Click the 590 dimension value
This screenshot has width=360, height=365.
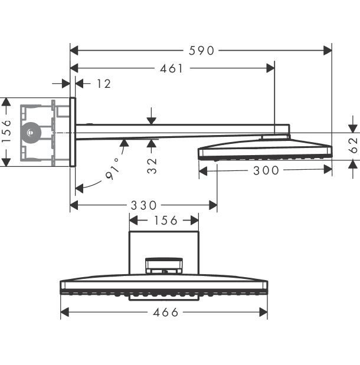pos(201,51)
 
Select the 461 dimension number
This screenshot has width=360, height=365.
pos(172,68)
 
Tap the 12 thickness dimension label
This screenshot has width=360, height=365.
pos(104,84)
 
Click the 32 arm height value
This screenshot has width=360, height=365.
pos(152,166)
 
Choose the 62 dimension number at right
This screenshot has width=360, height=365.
pos(354,146)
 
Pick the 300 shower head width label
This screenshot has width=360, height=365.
pos(266,170)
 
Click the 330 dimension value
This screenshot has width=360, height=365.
pos(143,206)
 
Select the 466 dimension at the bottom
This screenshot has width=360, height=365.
pos(165,313)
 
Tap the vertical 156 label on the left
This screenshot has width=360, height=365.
pos(6,131)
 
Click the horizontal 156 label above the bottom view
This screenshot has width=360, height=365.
pos(166,221)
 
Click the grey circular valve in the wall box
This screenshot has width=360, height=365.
pos(31,133)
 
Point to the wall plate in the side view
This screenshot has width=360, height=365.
pos(73,132)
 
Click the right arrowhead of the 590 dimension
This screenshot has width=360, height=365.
pos(328,50)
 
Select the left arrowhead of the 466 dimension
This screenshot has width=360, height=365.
pos(65,312)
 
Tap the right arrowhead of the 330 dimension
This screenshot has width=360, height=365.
pos(213,205)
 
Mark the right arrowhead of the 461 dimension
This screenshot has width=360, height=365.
pos(270,68)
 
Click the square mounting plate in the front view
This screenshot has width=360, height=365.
pos(164,253)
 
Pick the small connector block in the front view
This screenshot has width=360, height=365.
pos(164,265)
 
